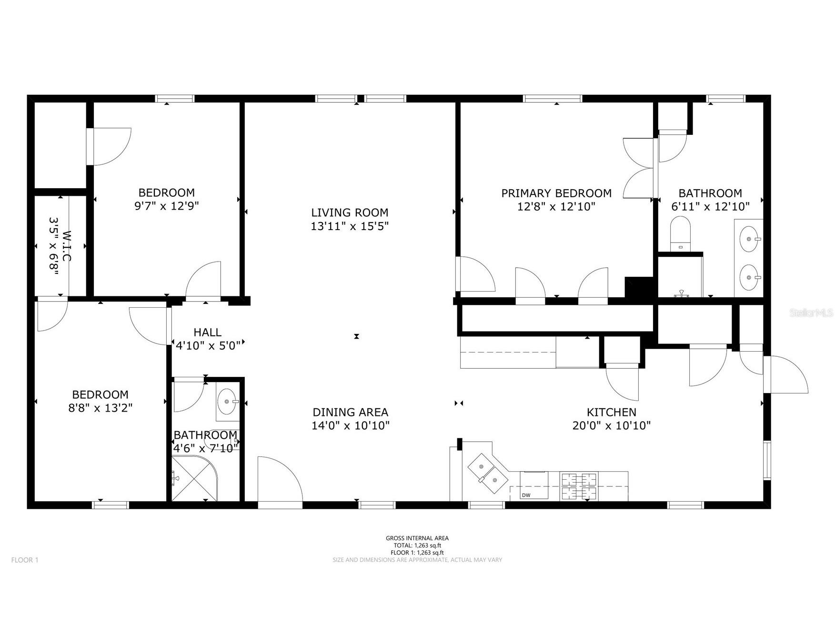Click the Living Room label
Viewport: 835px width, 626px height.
(x=350, y=212)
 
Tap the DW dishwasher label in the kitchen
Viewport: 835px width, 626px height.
(x=526, y=495)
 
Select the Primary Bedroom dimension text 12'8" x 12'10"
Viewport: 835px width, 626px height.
(x=556, y=207)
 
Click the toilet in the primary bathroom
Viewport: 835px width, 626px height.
(x=680, y=233)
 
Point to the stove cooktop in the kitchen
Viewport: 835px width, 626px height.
(x=579, y=486)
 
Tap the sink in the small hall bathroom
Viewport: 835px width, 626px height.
(x=227, y=402)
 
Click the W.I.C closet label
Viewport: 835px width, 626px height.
(x=60, y=246)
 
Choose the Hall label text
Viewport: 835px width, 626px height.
(x=207, y=332)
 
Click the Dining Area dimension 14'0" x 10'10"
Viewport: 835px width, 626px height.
(x=351, y=425)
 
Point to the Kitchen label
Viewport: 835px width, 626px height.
(x=611, y=412)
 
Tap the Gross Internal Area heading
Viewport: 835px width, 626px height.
(x=417, y=538)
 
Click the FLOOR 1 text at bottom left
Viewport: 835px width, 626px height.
(x=25, y=560)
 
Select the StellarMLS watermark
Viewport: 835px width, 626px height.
(x=811, y=313)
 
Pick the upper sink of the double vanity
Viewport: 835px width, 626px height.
(x=749, y=238)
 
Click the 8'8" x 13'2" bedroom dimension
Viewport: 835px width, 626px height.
(x=100, y=408)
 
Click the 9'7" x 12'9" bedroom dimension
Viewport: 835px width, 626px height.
(x=166, y=206)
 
